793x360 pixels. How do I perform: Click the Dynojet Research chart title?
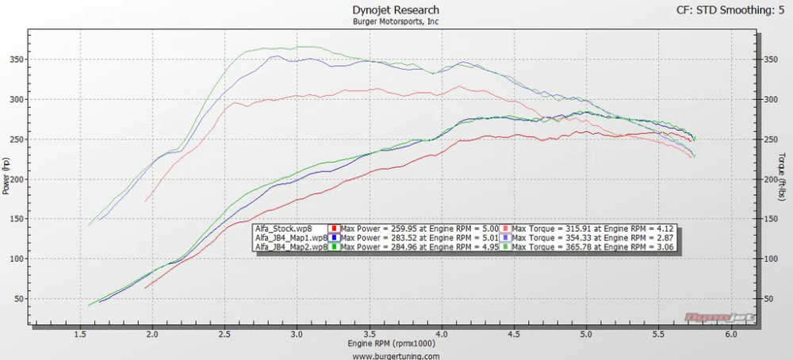(x=396, y=10)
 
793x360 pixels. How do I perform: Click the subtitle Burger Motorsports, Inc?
(x=396, y=21)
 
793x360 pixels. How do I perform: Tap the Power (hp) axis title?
(x=6, y=175)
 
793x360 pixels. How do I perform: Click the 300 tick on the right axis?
(x=768, y=99)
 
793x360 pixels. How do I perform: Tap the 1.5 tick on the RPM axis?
(x=80, y=335)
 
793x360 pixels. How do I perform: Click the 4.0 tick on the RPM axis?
(x=442, y=335)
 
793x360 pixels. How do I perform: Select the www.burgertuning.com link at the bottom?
(x=396, y=356)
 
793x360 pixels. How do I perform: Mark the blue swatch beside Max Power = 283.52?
(x=335, y=238)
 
